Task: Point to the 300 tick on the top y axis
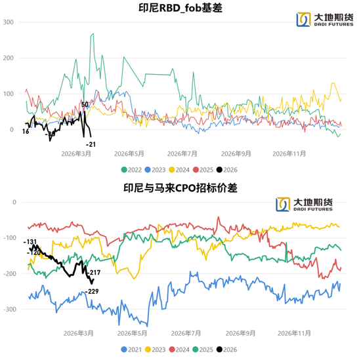click(x=9, y=22)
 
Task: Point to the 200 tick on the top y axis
click(x=9, y=58)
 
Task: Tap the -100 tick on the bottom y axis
click(x=9, y=237)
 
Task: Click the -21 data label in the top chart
click(x=91, y=144)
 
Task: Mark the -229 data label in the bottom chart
click(x=91, y=291)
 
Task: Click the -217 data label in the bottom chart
click(x=95, y=272)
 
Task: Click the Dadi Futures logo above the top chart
click(x=314, y=20)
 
